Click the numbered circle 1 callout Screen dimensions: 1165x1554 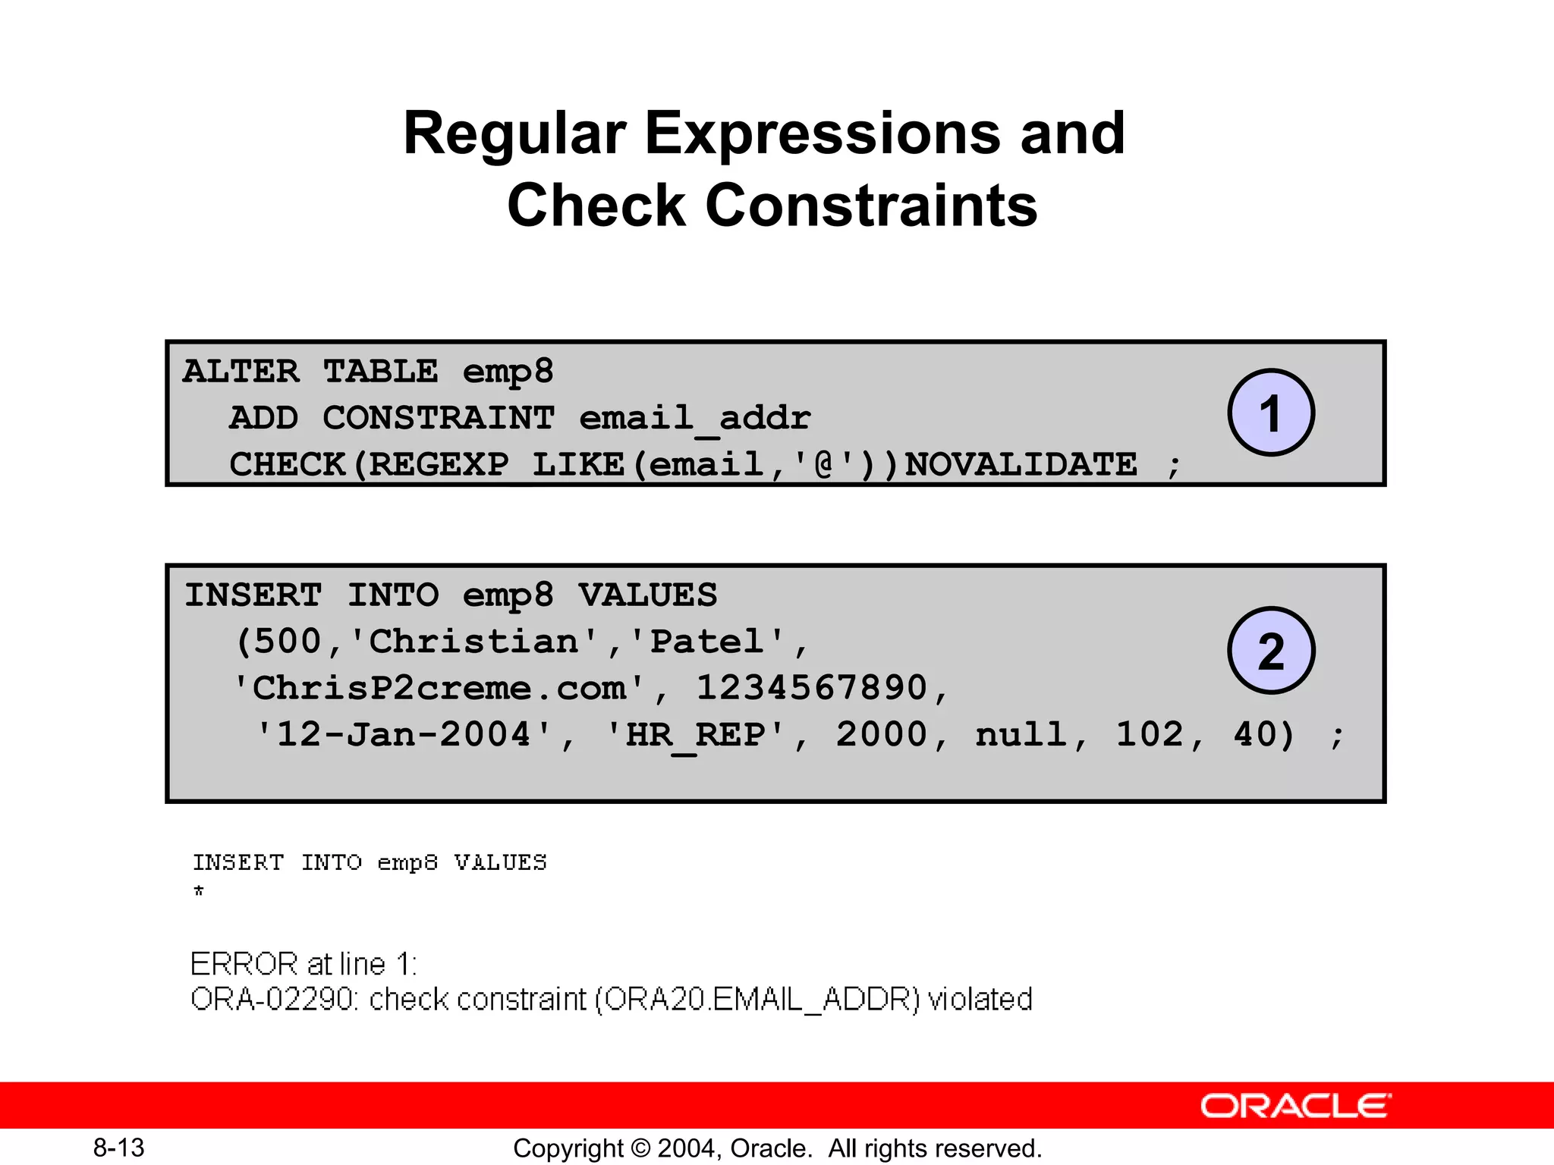[1271, 413]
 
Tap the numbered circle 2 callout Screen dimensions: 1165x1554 [1271, 650]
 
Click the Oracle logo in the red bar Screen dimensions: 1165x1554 [1295, 1106]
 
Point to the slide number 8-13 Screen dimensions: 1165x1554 [119, 1148]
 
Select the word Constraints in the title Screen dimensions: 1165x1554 [872, 206]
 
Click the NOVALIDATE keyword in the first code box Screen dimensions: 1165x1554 [1021, 464]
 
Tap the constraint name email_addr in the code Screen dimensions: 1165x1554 [695, 418]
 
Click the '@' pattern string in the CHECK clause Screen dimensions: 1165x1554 [823, 464]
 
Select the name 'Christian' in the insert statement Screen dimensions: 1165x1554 [473, 642]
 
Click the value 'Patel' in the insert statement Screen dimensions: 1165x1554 [706, 642]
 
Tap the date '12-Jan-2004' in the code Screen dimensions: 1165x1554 [404, 735]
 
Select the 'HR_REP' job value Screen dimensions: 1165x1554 [694, 735]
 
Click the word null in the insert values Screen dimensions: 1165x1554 [1021, 735]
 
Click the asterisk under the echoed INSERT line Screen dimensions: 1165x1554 [199, 890]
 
